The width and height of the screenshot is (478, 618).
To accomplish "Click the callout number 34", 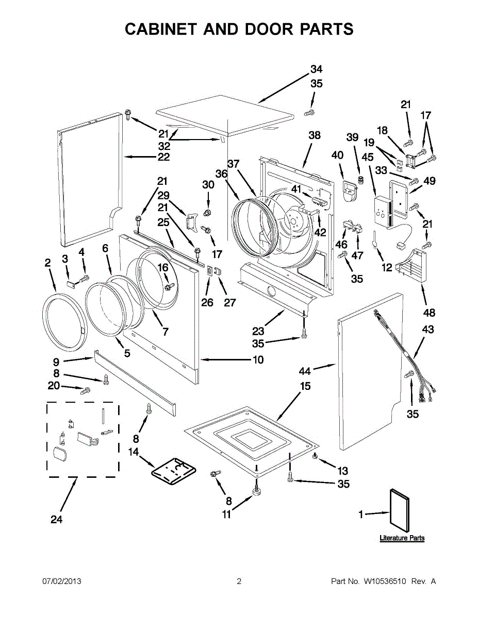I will pos(316,70).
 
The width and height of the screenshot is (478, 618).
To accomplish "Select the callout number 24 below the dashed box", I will pos(57,520).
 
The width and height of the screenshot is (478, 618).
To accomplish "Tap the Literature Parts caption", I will pos(402,538).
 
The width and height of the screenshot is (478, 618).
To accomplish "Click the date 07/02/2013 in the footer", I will pos(61,581).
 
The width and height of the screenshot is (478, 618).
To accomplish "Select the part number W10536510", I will pos(385,581).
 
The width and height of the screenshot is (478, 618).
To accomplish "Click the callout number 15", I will pos(305,386).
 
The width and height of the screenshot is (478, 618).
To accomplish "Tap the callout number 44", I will pos(305,370).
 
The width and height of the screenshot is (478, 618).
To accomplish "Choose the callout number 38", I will pos(314,135).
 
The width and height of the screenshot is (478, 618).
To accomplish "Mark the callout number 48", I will pos(428,313).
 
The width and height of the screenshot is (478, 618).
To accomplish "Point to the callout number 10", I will pos(258,359).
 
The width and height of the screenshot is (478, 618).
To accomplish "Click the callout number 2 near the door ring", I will pos(47,263).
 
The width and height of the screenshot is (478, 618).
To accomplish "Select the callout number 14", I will pos(134,452).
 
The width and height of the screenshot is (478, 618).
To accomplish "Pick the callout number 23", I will pos(258,332).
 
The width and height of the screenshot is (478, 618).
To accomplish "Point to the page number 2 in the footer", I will pos(239,581).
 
